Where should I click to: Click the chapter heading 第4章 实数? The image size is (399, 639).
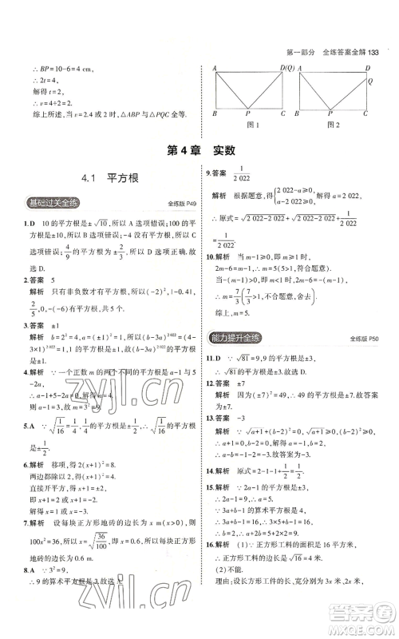click(199, 149)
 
